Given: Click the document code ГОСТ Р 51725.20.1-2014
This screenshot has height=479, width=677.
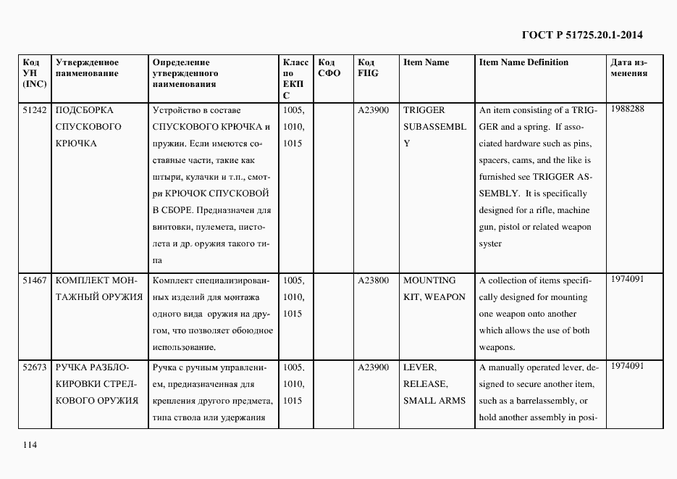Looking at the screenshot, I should tap(582, 34).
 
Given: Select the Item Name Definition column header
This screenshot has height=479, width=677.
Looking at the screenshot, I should tap(523, 62).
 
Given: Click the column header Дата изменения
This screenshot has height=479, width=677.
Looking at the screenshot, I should tap(628, 67).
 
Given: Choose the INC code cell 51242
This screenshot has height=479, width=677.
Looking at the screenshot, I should tap(34, 110).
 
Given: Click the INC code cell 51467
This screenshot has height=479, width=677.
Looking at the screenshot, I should tap(34, 280).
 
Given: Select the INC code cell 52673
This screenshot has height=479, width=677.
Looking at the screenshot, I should tap(34, 367).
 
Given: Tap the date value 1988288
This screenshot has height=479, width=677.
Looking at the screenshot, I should tap(627, 109).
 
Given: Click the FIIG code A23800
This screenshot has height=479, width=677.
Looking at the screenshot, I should tap(374, 280).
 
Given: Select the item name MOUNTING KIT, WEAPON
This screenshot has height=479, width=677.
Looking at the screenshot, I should tap(434, 288).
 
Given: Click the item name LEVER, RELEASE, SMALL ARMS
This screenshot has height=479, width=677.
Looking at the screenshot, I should tap(434, 384).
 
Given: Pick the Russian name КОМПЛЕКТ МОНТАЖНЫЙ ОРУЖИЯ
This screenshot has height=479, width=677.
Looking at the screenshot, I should tap(98, 288).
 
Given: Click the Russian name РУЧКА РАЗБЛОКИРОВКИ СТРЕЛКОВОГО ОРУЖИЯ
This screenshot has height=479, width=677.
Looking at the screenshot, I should tap(97, 384).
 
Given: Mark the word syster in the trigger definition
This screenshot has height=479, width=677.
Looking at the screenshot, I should tap(490, 244).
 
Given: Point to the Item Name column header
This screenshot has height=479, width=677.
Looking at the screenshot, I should tap(426, 62).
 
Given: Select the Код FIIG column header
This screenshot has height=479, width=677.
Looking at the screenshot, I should tap(368, 67).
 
